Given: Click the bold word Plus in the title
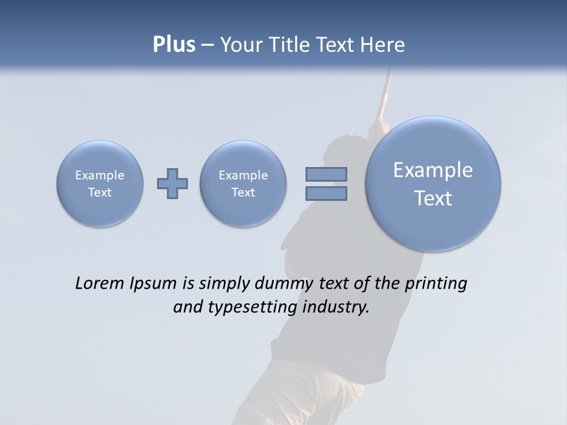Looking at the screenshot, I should click(174, 45).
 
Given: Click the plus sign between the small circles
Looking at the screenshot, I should click(172, 184).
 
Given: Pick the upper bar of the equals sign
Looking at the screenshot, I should click(326, 174).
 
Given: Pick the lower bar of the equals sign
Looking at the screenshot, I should click(326, 194).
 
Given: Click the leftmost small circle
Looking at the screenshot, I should click(100, 184).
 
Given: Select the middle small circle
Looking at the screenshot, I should click(243, 184).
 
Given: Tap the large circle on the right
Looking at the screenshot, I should click(433, 184).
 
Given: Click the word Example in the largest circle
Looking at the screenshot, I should click(433, 170).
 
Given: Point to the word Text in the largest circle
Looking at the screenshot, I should click(433, 198).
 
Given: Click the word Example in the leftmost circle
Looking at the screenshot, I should click(100, 175).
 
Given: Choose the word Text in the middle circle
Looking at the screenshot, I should click(243, 192).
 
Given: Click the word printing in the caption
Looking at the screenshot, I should click(436, 284).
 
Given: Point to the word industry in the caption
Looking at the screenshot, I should click(335, 308).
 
